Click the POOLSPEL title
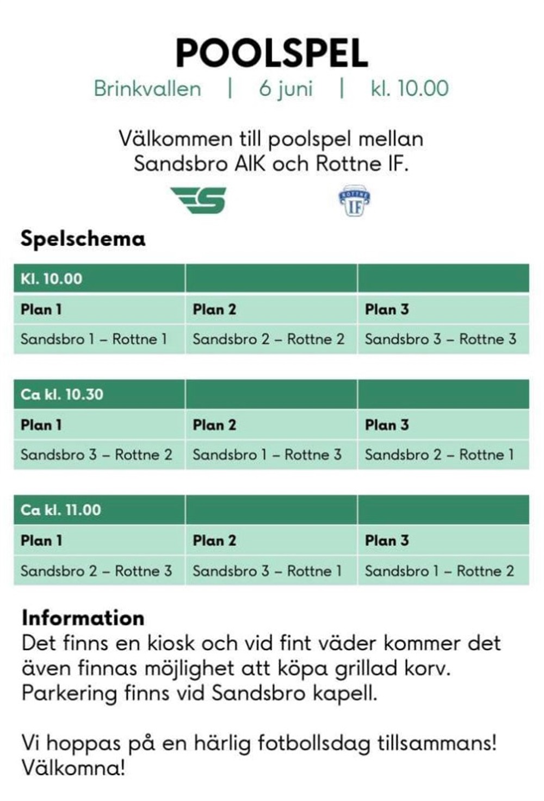pyautogui.click(x=271, y=53)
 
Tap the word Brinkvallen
pyautogui.click(x=147, y=89)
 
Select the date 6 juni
pyautogui.click(x=286, y=89)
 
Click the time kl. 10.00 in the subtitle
pyautogui.click(x=410, y=89)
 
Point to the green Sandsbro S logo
pyautogui.click(x=199, y=200)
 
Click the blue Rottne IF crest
pyautogui.click(x=354, y=201)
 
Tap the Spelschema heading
pyautogui.click(x=83, y=239)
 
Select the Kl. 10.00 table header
pyautogui.click(x=52, y=279)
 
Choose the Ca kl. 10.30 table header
pyautogui.click(x=61, y=394)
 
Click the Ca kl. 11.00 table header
pyautogui.click(x=60, y=510)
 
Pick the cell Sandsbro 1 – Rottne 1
pyautogui.click(x=94, y=339)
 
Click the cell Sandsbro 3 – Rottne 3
pyautogui.click(x=440, y=339)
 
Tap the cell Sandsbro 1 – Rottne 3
pyautogui.click(x=267, y=455)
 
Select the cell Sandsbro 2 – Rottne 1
pyautogui.click(x=439, y=455)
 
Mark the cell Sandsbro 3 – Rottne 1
pyautogui.click(x=267, y=571)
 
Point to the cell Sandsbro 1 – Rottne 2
pyautogui.click(x=439, y=571)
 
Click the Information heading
pyautogui.click(x=83, y=618)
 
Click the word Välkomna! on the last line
pyautogui.click(x=73, y=768)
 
